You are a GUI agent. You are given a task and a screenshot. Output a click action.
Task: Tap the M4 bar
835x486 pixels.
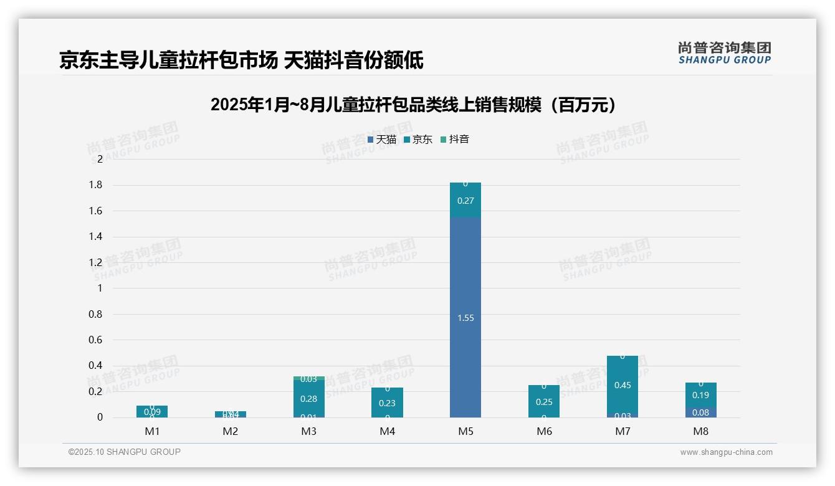(387, 403)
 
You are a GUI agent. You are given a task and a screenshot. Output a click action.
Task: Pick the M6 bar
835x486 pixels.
(543, 401)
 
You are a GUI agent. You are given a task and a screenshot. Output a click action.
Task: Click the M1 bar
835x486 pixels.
(152, 411)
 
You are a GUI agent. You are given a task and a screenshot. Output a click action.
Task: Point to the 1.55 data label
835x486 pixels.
(465, 318)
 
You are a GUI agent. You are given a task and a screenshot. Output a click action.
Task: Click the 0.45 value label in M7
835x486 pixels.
(622, 385)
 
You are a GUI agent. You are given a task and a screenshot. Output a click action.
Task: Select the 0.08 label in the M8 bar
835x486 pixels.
(700, 412)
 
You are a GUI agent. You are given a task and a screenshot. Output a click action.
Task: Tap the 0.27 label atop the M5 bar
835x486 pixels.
(465, 201)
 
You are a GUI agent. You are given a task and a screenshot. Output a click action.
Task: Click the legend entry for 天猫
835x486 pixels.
(382, 140)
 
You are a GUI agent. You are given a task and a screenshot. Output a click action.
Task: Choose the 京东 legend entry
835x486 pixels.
(418, 140)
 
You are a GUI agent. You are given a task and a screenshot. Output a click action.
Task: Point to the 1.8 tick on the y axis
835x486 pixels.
(95, 185)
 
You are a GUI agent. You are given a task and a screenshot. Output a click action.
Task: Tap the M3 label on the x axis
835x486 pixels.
(308, 431)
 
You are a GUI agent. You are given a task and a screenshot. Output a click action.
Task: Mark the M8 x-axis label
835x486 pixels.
(700, 431)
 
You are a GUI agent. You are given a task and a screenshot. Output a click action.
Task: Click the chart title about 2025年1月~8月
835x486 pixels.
(414, 105)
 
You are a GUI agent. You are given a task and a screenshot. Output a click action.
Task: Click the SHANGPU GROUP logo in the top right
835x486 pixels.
(724, 53)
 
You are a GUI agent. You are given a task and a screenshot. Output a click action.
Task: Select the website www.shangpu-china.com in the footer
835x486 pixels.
(726, 452)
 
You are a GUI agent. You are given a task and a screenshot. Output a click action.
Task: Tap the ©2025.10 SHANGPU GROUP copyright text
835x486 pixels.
(125, 452)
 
